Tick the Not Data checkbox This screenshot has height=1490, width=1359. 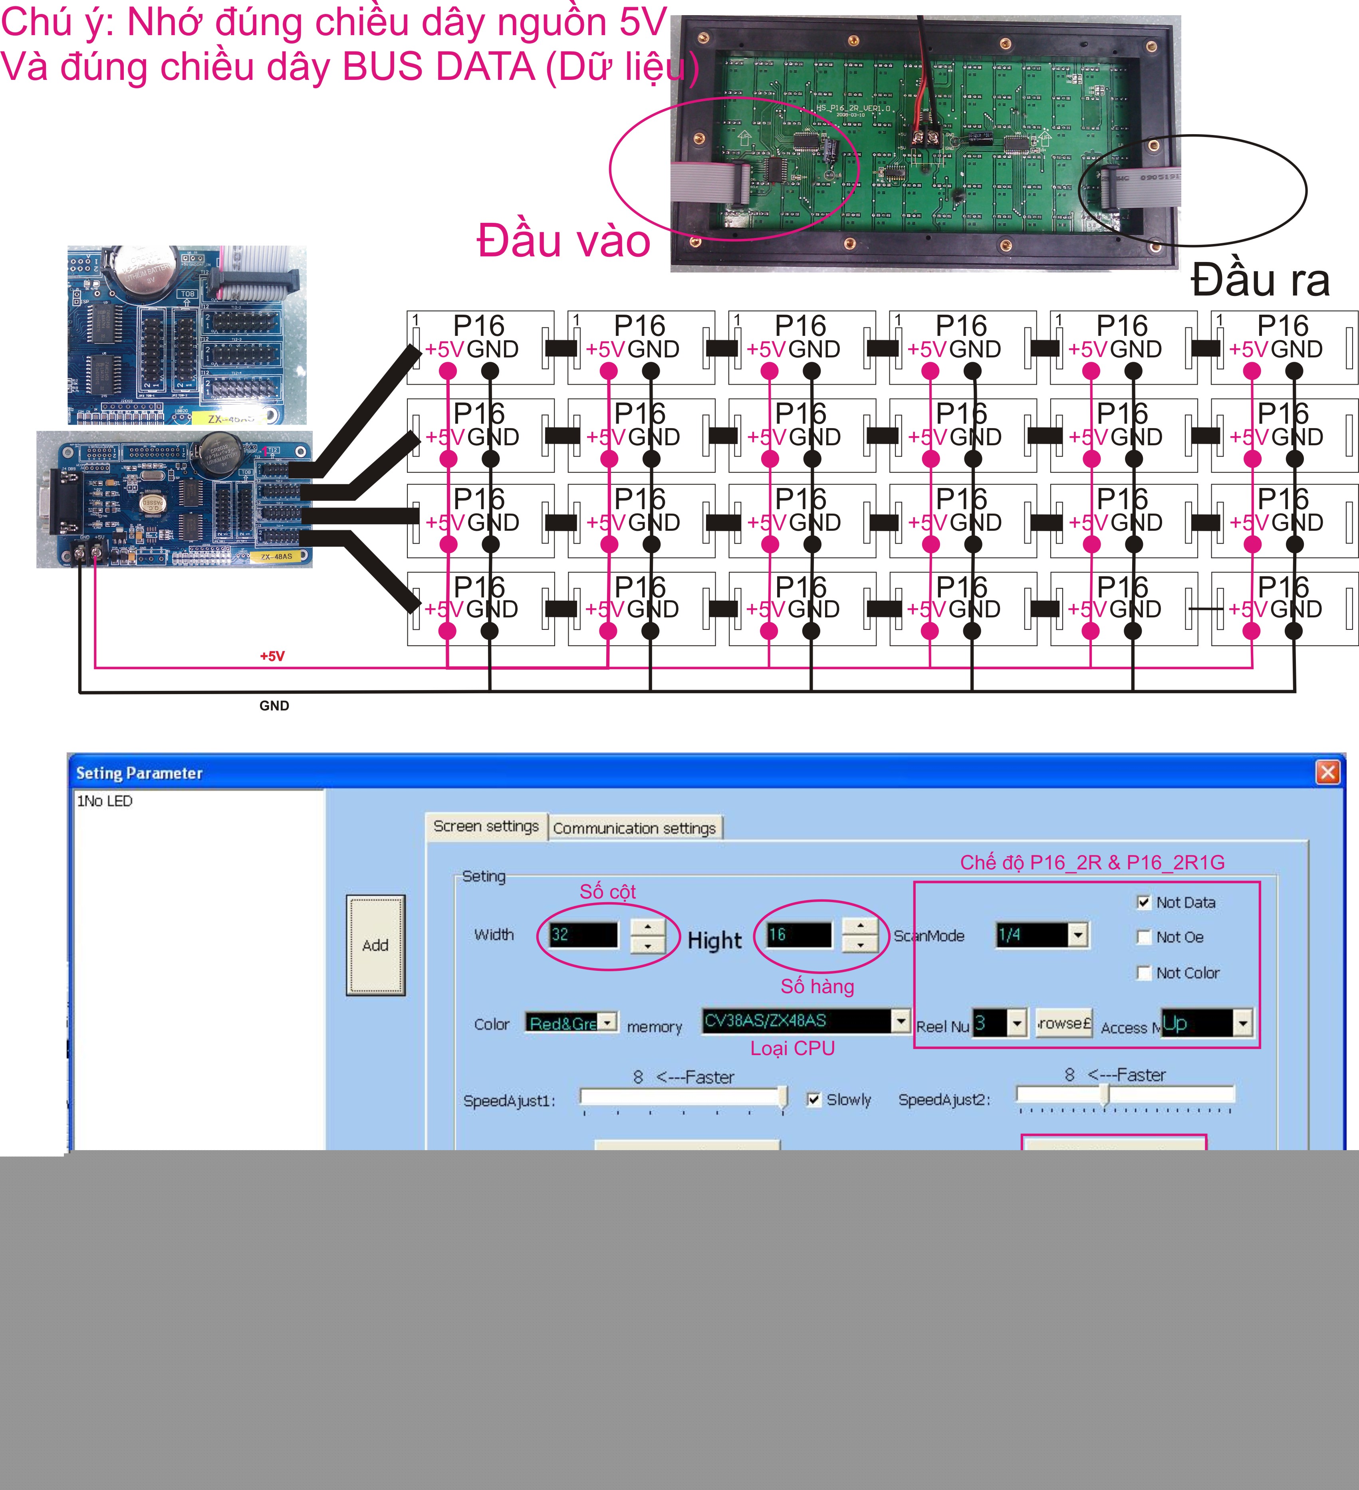1143,903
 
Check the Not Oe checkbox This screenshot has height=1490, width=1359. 1143,937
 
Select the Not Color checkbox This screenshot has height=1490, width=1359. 1143,973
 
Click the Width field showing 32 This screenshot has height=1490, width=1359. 582,934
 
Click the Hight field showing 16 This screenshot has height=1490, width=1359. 798,934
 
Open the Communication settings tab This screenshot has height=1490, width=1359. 634,828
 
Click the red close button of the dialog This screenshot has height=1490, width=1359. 1327,772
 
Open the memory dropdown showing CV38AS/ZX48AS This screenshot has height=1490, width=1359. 900,1021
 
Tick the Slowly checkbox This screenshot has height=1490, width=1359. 813,1100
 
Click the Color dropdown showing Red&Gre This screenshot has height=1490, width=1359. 607,1023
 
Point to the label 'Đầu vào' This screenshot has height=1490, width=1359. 563,241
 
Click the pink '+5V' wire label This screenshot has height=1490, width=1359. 272,656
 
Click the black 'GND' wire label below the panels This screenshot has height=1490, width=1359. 274,706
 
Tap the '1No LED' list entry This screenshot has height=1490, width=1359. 105,801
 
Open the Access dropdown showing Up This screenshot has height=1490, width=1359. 1243,1024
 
